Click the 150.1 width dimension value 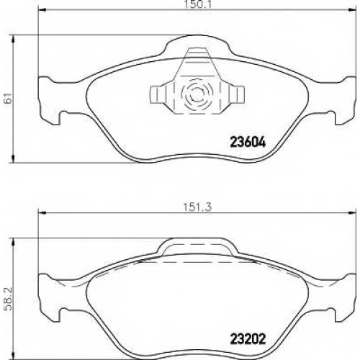pos(197,4)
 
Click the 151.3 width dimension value pos(197,207)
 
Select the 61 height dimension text pos(9,98)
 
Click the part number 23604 pos(248,142)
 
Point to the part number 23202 pos(248,339)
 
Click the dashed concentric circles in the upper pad pos(197,94)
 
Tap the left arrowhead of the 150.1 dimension pos(42,10)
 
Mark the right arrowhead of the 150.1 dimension pos(352,10)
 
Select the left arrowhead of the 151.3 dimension pos(42,212)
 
